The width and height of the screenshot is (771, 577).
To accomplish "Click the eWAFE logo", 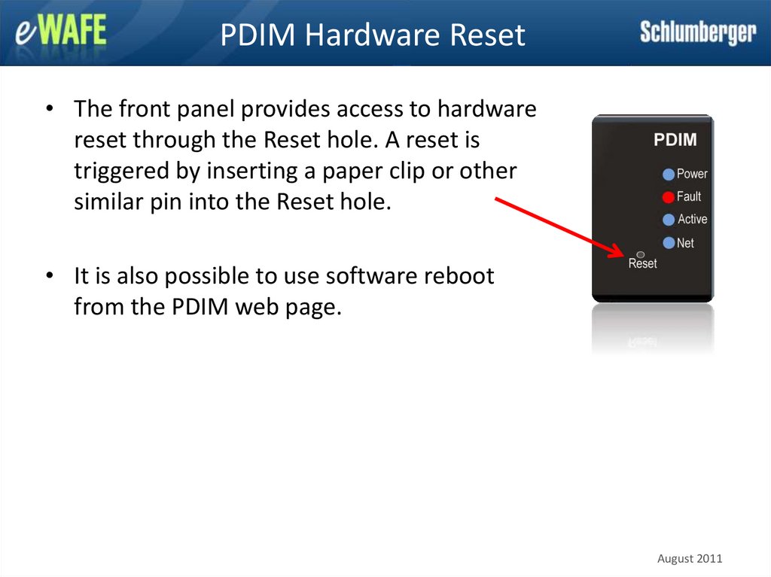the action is [x=60, y=31].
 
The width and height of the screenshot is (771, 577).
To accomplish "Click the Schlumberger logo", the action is [x=698, y=32].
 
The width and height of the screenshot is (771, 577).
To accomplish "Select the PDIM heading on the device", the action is [x=675, y=140].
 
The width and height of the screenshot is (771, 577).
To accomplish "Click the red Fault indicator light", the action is [x=669, y=197].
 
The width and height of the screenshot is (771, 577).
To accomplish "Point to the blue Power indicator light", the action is [x=669, y=174].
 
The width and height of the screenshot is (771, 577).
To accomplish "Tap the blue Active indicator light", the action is [x=669, y=220].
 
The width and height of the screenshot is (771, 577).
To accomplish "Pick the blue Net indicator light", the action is [x=669, y=243].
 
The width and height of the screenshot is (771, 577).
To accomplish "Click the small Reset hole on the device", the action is [x=641, y=254].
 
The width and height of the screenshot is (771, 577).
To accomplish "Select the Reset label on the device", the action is [x=643, y=263].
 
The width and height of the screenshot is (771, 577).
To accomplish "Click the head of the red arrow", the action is [x=622, y=254].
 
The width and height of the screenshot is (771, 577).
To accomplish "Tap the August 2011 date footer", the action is [x=690, y=559].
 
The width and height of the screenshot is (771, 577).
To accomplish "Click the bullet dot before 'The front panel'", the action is [x=50, y=108].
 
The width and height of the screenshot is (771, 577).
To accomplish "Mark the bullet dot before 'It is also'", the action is [x=50, y=275].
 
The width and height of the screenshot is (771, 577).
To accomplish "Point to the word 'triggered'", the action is [x=122, y=172].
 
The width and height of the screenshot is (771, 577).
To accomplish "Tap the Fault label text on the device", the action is [x=689, y=196].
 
